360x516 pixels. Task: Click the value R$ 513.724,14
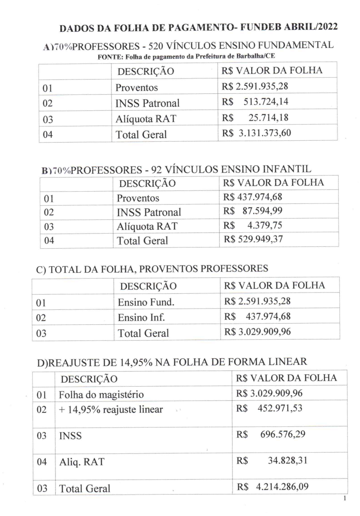255,102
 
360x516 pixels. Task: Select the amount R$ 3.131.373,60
256,133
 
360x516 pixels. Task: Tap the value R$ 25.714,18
255,118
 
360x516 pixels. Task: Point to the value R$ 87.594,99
253,211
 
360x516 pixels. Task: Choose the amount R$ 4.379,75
253,225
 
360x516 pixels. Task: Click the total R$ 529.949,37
253,239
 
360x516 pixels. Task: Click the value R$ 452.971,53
269,408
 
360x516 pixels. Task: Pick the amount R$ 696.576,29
271,434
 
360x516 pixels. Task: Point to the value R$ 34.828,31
272,460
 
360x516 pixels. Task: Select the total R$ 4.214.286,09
273,487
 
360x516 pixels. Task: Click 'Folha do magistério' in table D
101,394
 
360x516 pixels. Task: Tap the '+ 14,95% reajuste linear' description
111,409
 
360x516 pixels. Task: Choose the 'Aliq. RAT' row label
82,462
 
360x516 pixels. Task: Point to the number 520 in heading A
156,46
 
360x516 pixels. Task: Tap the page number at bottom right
345,498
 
